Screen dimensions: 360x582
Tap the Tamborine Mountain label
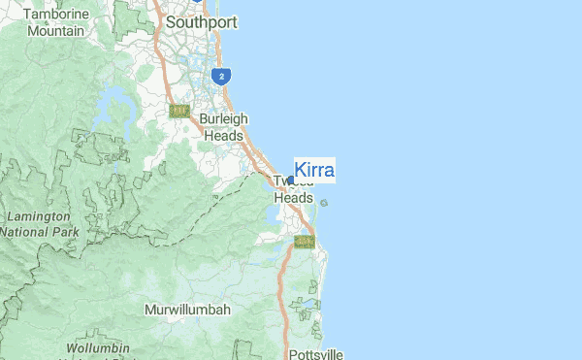pos(55,23)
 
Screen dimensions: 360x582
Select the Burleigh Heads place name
pos(224,127)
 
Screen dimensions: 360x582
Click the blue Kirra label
pos(314,170)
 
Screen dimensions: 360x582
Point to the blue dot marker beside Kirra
pos(291,180)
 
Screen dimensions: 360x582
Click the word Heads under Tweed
pos(293,197)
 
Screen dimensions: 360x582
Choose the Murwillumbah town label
pos(187,310)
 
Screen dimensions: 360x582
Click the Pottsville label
pos(316,354)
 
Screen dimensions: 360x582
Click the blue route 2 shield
pos(222,76)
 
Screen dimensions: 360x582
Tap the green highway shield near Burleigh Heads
pos(178,111)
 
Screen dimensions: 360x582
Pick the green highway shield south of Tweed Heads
pos(305,241)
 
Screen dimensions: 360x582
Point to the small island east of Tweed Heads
pos(323,203)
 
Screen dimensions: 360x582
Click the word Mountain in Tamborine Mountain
pos(55,31)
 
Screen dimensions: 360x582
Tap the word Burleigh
pos(224,119)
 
